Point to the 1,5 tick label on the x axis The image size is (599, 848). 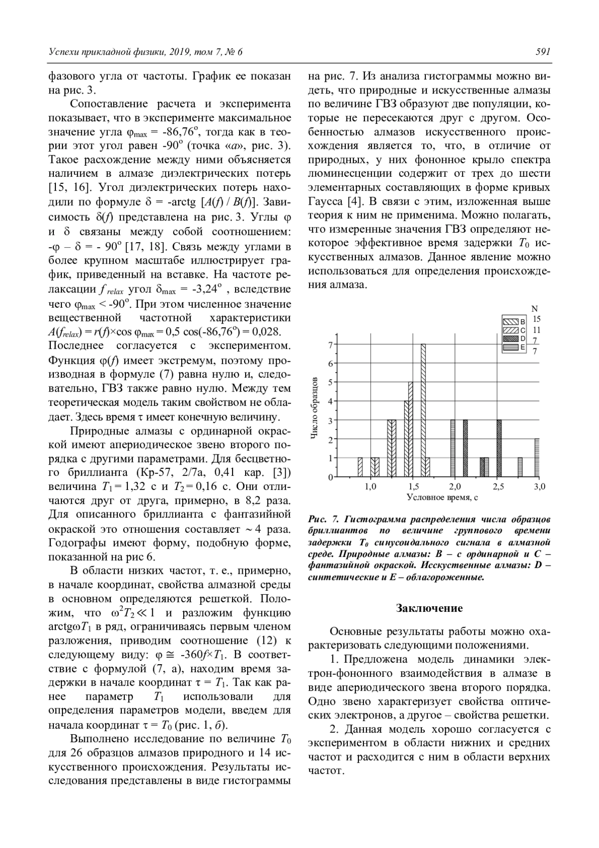[413, 486]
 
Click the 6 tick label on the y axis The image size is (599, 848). [330, 363]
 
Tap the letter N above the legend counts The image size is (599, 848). [535, 309]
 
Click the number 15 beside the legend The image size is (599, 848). [537, 319]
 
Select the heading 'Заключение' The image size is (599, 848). [429, 608]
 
